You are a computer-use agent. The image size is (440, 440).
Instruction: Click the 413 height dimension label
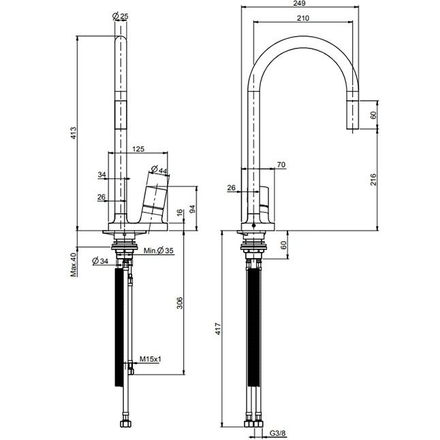73,133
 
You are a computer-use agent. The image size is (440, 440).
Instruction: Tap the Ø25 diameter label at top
120,16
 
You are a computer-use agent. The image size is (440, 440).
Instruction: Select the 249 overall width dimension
300,3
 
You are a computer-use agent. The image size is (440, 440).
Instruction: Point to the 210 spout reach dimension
303,18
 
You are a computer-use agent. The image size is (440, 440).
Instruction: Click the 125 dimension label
138,148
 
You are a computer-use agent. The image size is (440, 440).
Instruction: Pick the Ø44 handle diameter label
159,169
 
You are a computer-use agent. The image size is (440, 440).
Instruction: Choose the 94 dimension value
193,209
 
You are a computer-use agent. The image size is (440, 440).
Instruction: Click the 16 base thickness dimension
180,213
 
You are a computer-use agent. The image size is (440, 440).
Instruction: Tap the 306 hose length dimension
180,303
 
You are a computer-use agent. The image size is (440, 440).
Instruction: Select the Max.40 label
74,265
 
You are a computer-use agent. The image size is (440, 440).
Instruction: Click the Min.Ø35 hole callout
159,250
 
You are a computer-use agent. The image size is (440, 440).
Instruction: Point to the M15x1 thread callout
151,359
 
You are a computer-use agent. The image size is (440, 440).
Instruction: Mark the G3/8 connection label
277,433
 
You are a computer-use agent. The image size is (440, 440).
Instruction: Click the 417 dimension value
218,329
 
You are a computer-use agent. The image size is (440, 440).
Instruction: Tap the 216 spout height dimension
373,180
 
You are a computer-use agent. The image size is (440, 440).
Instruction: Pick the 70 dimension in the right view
281,164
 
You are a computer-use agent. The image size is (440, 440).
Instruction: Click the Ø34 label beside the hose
100,261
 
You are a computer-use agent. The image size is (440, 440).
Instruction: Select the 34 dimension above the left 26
102,174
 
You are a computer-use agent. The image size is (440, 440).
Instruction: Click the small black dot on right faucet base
253,225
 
